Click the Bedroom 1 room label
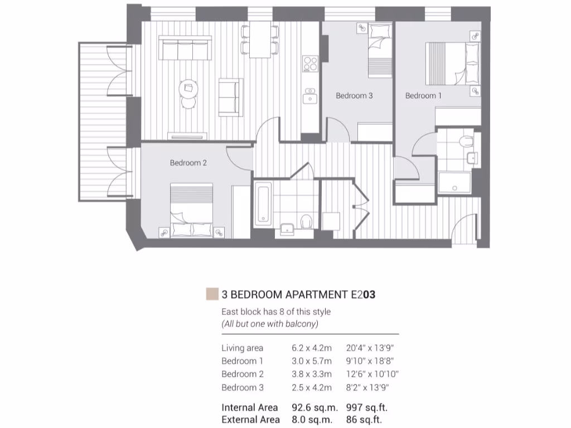(x=423, y=96)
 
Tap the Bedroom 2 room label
(x=188, y=163)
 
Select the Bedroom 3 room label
(x=354, y=96)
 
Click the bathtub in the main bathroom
(x=263, y=203)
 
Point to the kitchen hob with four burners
(x=309, y=64)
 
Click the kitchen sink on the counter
(x=309, y=98)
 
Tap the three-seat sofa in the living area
(x=185, y=48)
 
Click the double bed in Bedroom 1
(x=452, y=63)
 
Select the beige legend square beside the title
(x=211, y=294)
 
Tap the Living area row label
(x=242, y=348)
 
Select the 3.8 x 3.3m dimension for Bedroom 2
(x=311, y=374)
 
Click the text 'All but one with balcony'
(x=269, y=324)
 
